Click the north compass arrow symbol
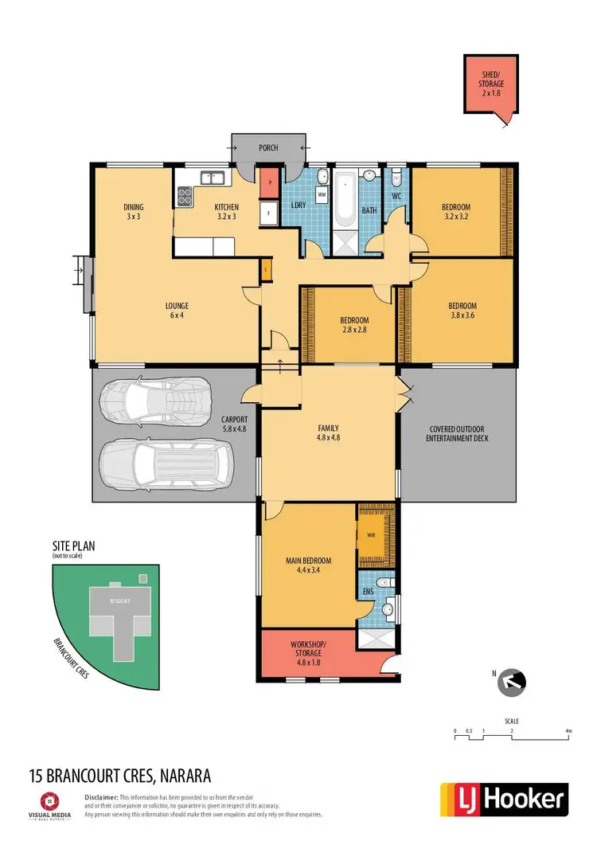[x=515, y=681]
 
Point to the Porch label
[x=269, y=148]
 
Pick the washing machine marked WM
[x=322, y=194]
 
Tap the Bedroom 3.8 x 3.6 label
[x=462, y=310]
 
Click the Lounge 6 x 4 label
[x=177, y=310]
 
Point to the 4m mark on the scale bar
[x=568, y=730]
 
